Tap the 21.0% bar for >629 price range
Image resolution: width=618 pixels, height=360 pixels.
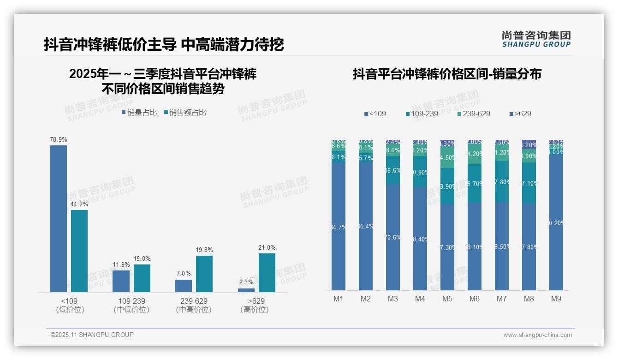click(x=267, y=272)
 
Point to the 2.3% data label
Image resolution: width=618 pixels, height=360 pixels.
click(x=246, y=282)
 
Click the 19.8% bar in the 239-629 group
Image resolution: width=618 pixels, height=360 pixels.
click(x=204, y=274)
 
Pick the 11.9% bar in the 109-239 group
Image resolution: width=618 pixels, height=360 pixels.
click(x=121, y=281)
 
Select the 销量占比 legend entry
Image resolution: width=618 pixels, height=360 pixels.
click(x=139, y=113)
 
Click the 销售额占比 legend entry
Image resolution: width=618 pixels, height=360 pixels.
click(x=185, y=113)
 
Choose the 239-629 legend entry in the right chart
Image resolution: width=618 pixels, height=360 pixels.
click(x=474, y=114)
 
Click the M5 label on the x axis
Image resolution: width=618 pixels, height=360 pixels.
click(x=447, y=299)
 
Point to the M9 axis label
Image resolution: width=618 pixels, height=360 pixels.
click(x=556, y=299)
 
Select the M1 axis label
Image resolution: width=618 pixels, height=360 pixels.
click(x=339, y=299)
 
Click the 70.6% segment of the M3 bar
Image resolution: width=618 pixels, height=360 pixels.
click(x=393, y=237)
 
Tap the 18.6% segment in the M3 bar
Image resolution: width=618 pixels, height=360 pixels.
click(x=393, y=170)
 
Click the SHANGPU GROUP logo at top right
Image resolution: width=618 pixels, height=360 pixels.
click(x=536, y=39)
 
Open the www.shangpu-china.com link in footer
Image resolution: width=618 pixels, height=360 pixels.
click(x=537, y=335)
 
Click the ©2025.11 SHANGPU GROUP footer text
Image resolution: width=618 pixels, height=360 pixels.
click(x=92, y=335)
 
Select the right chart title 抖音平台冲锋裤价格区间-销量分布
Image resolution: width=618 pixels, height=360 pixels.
click(x=447, y=74)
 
